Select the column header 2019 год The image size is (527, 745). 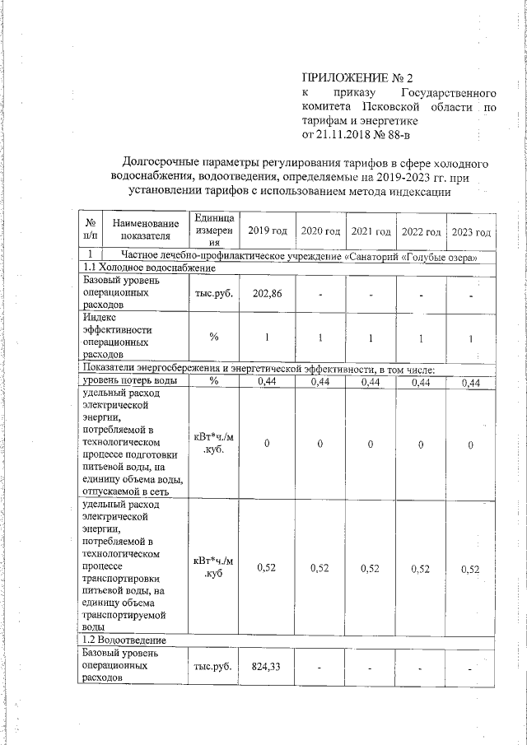[x=268, y=231]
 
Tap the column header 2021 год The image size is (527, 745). [x=371, y=231]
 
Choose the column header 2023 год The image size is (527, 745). [x=471, y=231]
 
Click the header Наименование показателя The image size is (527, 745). [x=145, y=230]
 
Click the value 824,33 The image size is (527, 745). [x=268, y=666]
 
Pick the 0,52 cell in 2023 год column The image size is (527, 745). [x=471, y=568]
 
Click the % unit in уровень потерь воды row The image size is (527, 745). [x=213, y=381]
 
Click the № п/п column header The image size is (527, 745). [x=88, y=230]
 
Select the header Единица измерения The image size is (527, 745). [x=213, y=230]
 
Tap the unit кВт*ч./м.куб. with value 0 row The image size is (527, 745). [x=213, y=444]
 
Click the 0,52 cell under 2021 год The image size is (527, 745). [x=371, y=568]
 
